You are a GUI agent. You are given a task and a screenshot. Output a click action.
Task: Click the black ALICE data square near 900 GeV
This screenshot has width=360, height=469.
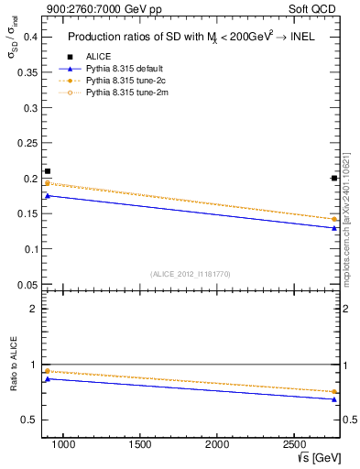pos(48,171)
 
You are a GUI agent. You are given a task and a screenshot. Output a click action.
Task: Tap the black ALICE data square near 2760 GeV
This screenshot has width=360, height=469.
pos(334,178)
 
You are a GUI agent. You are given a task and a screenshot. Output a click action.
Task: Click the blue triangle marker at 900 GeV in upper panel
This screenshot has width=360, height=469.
pos(48,195)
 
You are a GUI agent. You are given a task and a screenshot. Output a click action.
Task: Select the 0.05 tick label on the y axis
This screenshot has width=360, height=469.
pos(26,284)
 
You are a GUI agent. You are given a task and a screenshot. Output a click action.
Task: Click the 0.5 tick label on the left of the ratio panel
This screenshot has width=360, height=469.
pos(27,420)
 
